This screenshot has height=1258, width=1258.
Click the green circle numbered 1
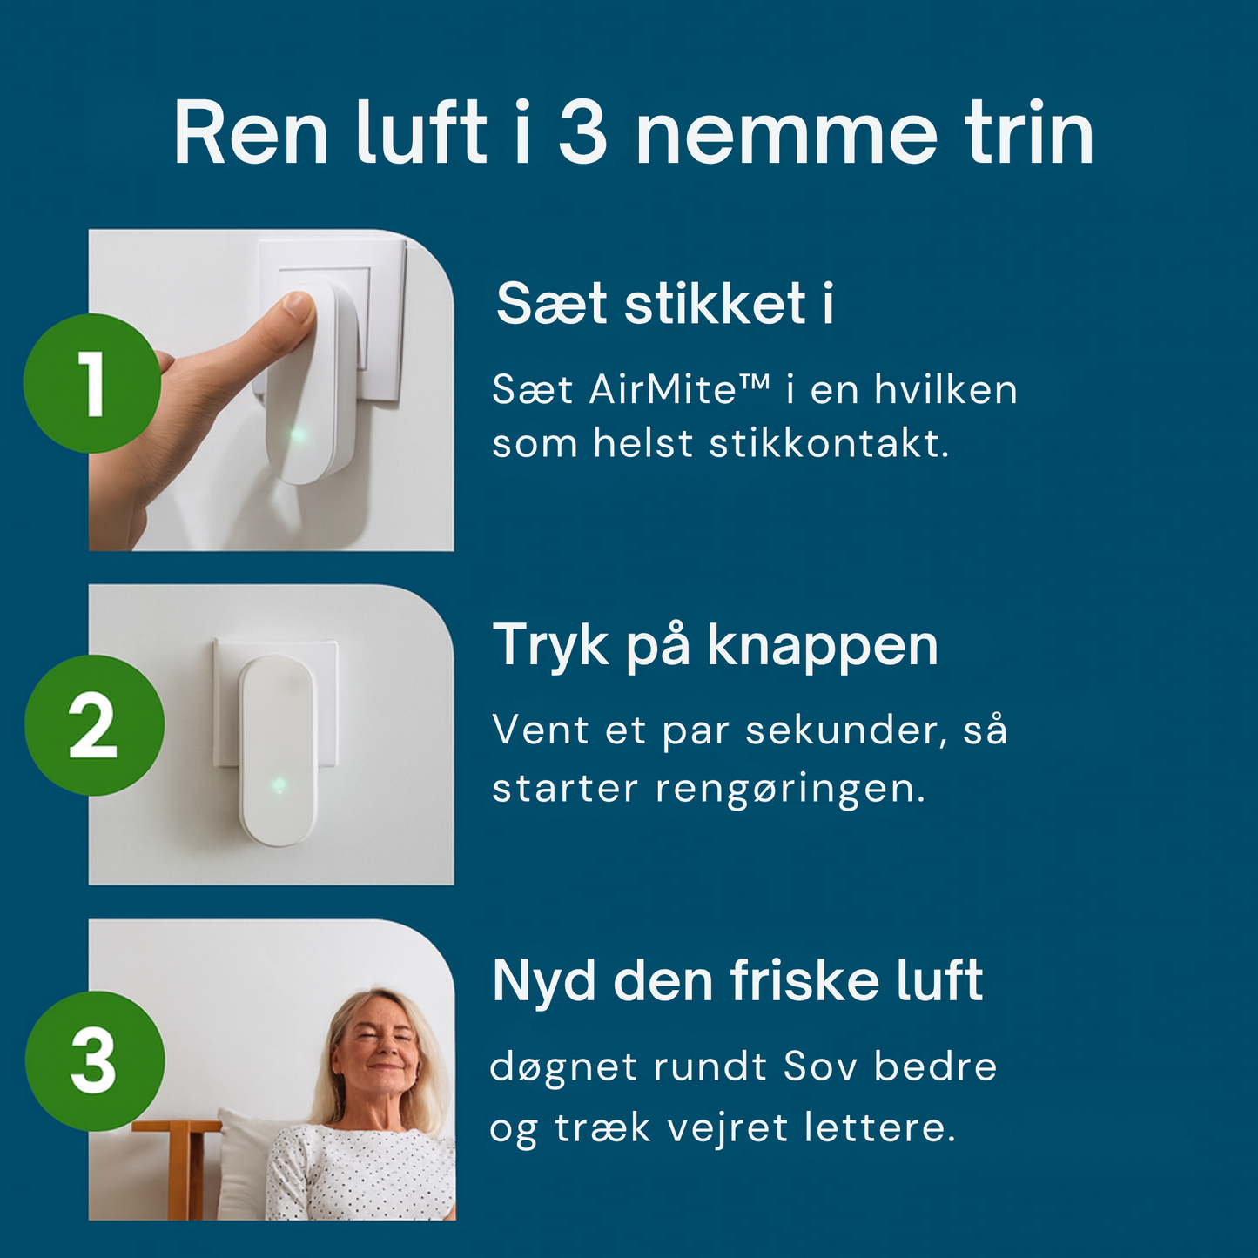coord(91,383)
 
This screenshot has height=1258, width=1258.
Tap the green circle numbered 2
coord(94,725)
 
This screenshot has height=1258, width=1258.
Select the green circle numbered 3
coord(94,1060)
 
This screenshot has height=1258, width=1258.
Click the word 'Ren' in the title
coord(251,135)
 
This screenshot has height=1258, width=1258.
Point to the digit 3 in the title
coord(582,135)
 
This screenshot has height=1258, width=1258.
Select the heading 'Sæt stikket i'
coord(664,304)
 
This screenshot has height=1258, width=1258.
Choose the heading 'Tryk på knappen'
coord(715,646)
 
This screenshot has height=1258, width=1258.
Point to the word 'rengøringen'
coord(789,789)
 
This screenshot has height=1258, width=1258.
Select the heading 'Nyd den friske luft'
coord(737,981)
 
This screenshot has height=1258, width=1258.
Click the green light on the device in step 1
coord(298,434)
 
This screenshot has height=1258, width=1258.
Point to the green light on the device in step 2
coord(279,785)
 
